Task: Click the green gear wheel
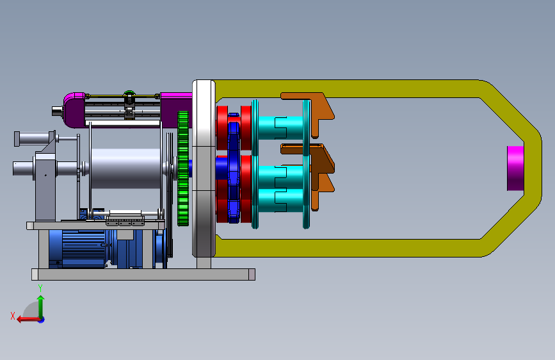pos(183,168)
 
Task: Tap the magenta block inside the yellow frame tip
pos(515,168)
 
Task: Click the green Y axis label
pos(40,288)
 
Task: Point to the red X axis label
pos(13,316)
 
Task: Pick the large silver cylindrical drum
pos(125,168)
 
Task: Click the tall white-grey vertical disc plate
pos(204,168)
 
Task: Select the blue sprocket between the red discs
pos(233,168)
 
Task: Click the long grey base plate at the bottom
pos(143,274)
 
